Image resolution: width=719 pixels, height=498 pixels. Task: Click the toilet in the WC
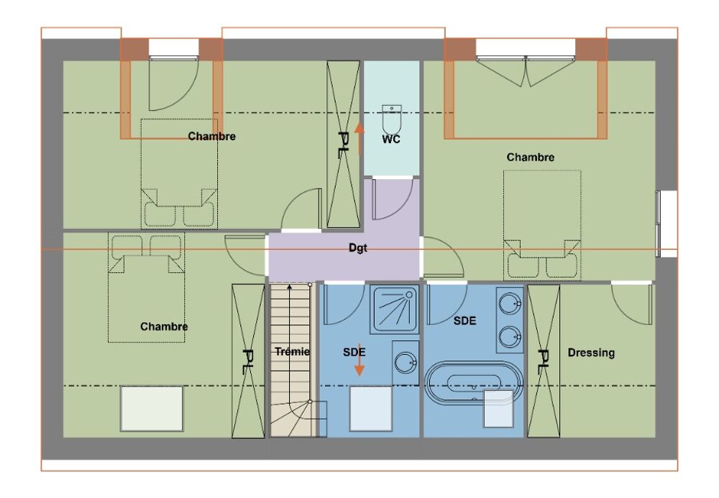point(392,119)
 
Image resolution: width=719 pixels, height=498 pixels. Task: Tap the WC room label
point(391,139)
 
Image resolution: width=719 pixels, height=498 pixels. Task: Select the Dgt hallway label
point(358,248)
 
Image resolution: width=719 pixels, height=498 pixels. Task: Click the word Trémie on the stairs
point(292,352)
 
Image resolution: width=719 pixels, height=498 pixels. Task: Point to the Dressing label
point(591,353)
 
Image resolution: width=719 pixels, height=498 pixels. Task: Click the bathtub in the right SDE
point(474,384)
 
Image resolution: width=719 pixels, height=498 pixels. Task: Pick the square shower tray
point(395,309)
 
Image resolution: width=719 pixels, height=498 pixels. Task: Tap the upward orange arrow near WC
point(359,139)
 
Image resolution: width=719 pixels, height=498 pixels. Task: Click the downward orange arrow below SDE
point(359,359)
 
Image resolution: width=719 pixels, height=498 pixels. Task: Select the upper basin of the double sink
point(510,304)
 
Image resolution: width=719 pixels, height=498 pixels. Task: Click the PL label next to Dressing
point(544,362)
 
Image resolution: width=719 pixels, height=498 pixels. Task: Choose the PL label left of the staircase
point(248,362)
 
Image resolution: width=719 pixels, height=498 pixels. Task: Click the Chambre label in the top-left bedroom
point(212,136)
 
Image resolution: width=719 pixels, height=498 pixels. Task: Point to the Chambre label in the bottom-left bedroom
point(164,326)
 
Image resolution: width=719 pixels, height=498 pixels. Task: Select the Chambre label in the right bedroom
point(531,157)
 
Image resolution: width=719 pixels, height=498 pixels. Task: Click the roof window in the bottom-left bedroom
point(152,409)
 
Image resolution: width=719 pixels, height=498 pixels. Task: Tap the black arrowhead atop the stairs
point(289,287)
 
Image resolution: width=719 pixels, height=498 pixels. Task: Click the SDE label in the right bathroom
point(465,320)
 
